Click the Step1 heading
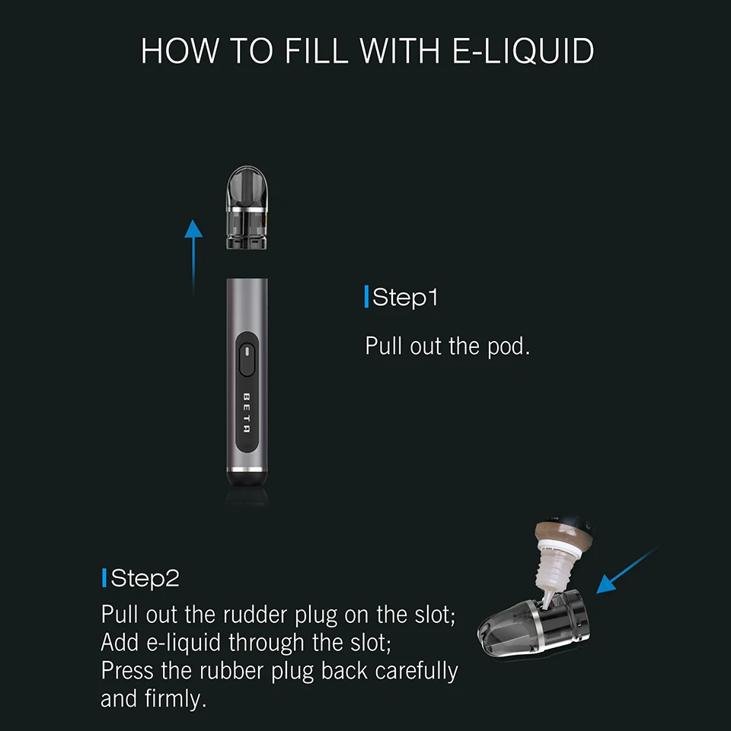tap(405, 297)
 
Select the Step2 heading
tap(145, 579)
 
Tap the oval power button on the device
tap(247, 359)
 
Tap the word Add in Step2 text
tap(120, 643)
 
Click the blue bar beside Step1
tap(366, 297)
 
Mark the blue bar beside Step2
tap(104, 579)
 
